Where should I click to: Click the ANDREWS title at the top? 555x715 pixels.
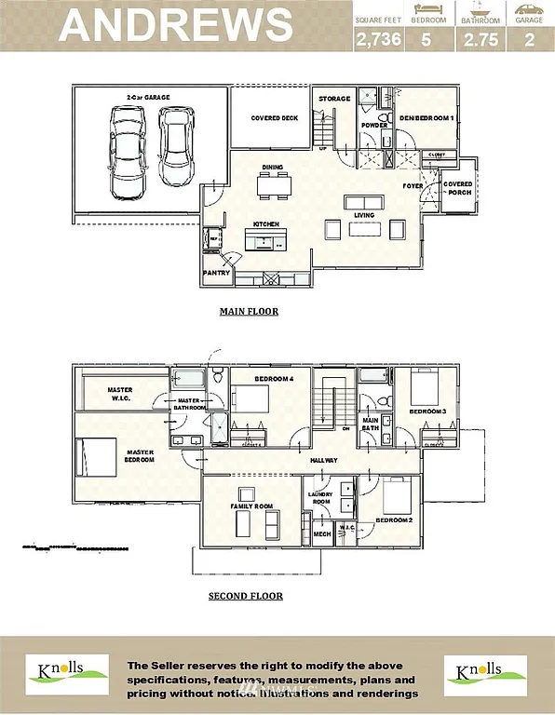pos(175,25)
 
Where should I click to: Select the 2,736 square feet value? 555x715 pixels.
pos(374,39)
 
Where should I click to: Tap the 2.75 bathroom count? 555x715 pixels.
pos(478,39)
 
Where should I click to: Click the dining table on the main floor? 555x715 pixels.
pos(274,186)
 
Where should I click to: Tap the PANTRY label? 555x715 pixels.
pos(216,274)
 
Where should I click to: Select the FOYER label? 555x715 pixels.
pos(413,186)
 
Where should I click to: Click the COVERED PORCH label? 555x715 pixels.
pos(457,188)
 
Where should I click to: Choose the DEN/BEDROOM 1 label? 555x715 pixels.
pos(426,118)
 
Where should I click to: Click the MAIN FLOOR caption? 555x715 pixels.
pos(249,312)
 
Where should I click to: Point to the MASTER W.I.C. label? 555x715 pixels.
pos(120,394)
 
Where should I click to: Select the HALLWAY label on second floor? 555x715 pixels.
pos(323,461)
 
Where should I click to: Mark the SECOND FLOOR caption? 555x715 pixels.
pos(246,596)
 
